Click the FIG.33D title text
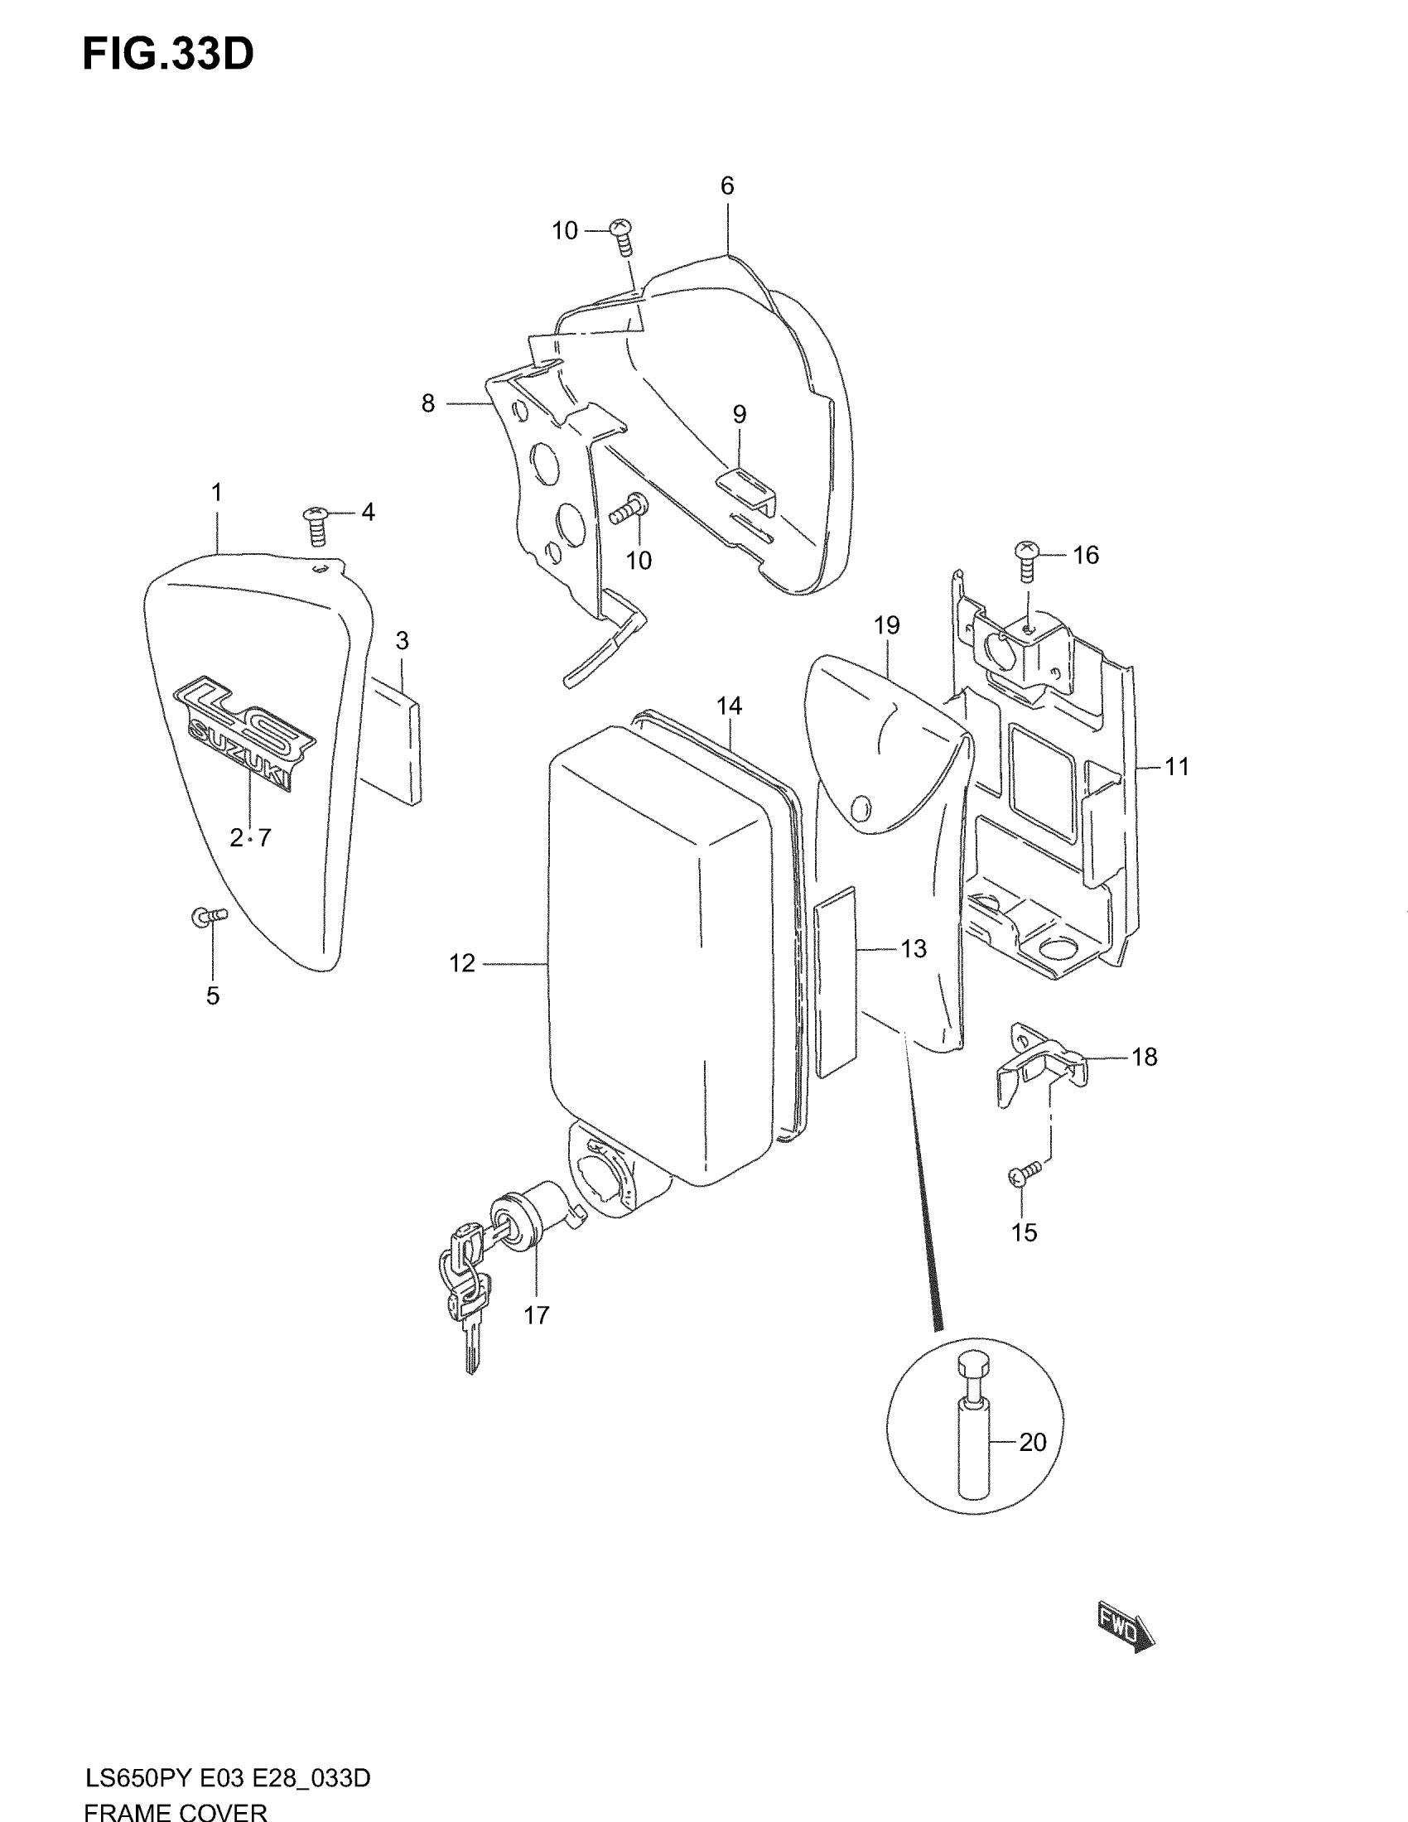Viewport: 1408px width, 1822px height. [x=167, y=55]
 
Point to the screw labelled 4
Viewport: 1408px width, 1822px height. [x=317, y=525]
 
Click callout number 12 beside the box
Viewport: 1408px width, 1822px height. [x=461, y=962]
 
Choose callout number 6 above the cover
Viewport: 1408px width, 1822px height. [x=727, y=186]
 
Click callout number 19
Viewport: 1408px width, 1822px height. [x=887, y=624]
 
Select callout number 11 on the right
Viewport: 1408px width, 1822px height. [x=1176, y=765]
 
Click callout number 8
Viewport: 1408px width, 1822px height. [x=428, y=404]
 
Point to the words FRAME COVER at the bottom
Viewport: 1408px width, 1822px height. [x=175, y=1811]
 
